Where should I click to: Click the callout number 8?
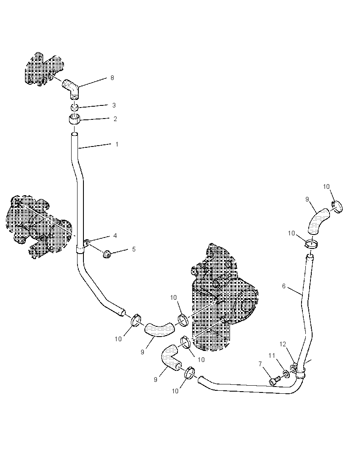(x=112, y=78)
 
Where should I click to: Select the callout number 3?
(x=114, y=105)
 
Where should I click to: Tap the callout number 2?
(x=116, y=119)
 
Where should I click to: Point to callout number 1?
(x=117, y=144)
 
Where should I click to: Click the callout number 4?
(x=115, y=236)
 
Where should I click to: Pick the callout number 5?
(x=134, y=249)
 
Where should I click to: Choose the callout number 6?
(x=284, y=286)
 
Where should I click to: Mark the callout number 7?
(x=260, y=364)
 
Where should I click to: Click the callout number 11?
(x=272, y=355)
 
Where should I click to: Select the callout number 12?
(x=283, y=344)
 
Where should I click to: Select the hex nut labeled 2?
(x=74, y=120)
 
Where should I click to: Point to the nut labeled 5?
(x=107, y=254)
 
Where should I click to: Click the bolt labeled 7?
(x=275, y=380)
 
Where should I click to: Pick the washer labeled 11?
(x=286, y=373)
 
